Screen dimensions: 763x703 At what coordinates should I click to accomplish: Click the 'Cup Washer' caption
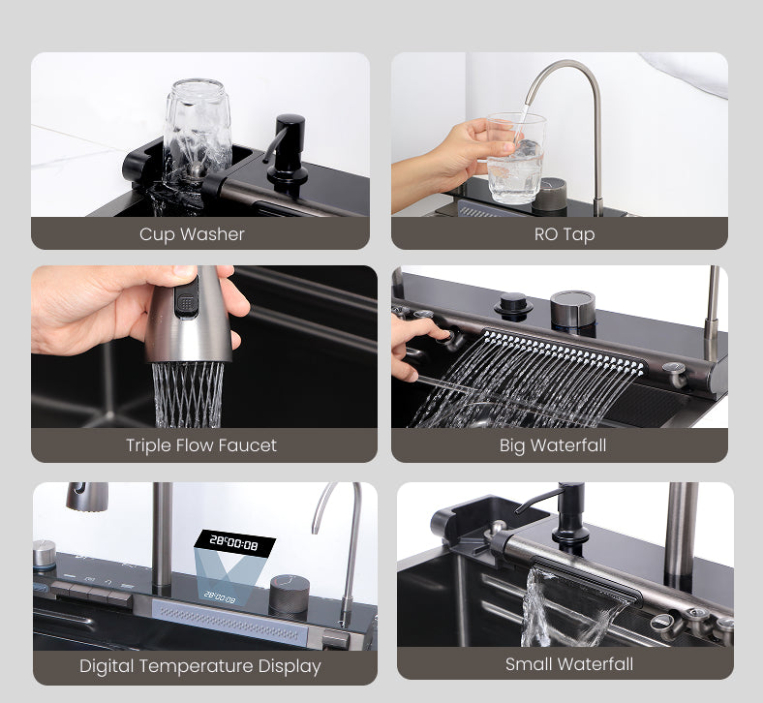(x=192, y=234)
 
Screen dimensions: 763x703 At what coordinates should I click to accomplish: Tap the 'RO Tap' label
(x=565, y=234)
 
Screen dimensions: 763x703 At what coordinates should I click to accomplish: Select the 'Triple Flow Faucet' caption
(x=201, y=445)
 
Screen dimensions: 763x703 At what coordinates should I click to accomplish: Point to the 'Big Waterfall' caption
(x=553, y=445)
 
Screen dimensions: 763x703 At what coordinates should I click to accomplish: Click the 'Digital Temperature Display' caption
(x=200, y=666)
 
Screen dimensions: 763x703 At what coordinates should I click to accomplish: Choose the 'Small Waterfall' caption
(x=569, y=664)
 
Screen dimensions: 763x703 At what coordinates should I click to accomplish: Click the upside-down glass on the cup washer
(x=198, y=128)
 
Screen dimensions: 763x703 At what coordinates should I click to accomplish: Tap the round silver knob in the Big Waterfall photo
(x=573, y=308)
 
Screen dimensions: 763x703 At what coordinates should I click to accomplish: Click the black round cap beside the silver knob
(x=513, y=305)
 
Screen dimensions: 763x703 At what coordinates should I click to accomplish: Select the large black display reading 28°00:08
(x=234, y=543)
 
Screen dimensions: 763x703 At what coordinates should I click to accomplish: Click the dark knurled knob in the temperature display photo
(x=290, y=596)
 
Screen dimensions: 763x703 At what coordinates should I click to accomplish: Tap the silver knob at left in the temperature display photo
(x=45, y=555)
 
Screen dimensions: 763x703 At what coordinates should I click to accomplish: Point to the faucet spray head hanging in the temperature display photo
(x=87, y=497)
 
